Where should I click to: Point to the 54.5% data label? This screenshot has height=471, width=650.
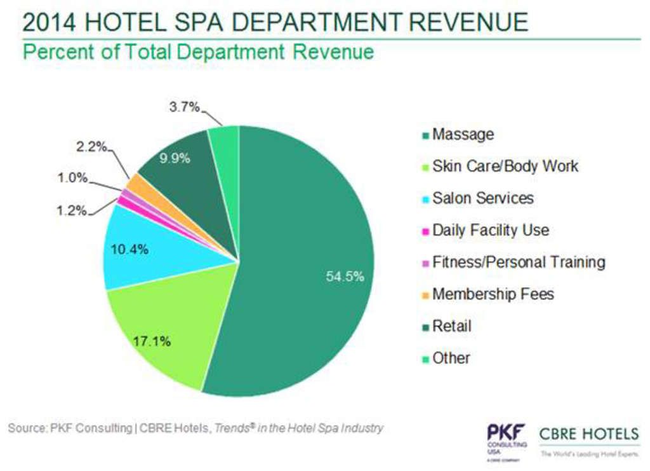tap(345, 276)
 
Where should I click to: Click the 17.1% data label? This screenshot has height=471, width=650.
tap(152, 341)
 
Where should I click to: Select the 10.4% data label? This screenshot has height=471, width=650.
tap(129, 249)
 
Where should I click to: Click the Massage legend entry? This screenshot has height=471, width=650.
tap(462, 134)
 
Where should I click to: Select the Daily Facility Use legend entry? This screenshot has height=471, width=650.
tap(490, 230)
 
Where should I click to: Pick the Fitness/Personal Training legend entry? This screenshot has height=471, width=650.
tap(518, 262)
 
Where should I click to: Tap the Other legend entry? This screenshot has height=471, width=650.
tap(451, 358)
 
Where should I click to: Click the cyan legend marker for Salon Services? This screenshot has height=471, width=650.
tap(425, 199)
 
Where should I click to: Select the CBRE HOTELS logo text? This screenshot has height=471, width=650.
tap(589, 435)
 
